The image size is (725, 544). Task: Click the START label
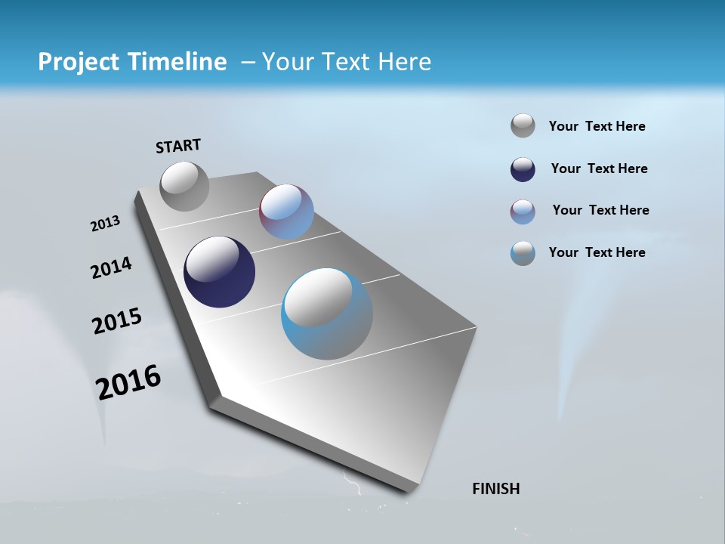pyautogui.click(x=178, y=146)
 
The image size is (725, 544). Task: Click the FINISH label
pyautogui.click(x=495, y=489)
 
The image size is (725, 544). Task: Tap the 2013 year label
pyautogui.click(x=105, y=224)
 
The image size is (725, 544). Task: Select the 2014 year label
pyautogui.click(x=111, y=268)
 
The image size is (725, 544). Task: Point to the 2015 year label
pyautogui.click(x=116, y=321)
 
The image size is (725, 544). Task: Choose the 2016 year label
pyautogui.click(x=128, y=382)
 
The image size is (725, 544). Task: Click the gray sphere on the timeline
pyautogui.click(x=184, y=186)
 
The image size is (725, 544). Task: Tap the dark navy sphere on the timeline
pyautogui.click(x=219, y=272)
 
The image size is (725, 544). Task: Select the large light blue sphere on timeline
pyautogui.click(x=326, y=314)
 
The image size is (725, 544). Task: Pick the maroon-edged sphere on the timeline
pyautogui.click(x=286, y=212)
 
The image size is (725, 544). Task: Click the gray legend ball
pyautogui.click(x=523, y=125)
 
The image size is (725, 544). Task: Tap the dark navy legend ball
pyautogui.click(x=523, y=169)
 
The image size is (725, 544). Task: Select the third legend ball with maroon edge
pyautogui.click(x=523, y=212)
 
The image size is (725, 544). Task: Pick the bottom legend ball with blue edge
pyautogui.click(x=523, y=253)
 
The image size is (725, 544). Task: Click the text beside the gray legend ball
pyautogui.click(x=597, y=126)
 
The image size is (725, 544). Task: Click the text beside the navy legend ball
pyautogui.click(x=599, y=168)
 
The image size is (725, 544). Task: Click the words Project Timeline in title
pyautogui.click(x=132, y=62)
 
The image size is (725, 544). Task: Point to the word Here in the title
pyautogui.click(x=404, y=62)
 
